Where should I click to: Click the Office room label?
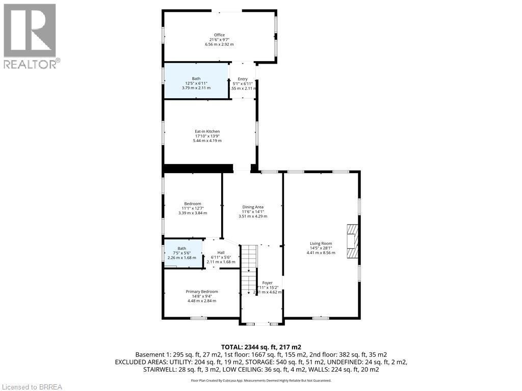click(219, 35)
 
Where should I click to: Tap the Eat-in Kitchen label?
click(207, 131)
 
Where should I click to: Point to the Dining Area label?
click(253, 207)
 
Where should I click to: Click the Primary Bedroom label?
click(201, 292)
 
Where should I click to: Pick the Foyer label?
click(268, 283)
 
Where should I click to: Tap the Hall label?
click(221, 253)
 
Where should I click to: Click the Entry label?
click(242, 79)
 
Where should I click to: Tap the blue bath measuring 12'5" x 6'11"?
click(196, 81)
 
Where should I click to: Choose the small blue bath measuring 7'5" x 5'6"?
click(182, 253)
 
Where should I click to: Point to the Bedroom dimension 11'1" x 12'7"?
click(193, 208)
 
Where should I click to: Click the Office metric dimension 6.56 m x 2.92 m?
click(219, 44)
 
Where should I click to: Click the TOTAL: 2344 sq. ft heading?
click(260, 346)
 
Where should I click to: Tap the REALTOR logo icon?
click(29, 30)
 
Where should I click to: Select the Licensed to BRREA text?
click(32, 386)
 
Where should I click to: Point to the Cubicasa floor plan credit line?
click(260, 380)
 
